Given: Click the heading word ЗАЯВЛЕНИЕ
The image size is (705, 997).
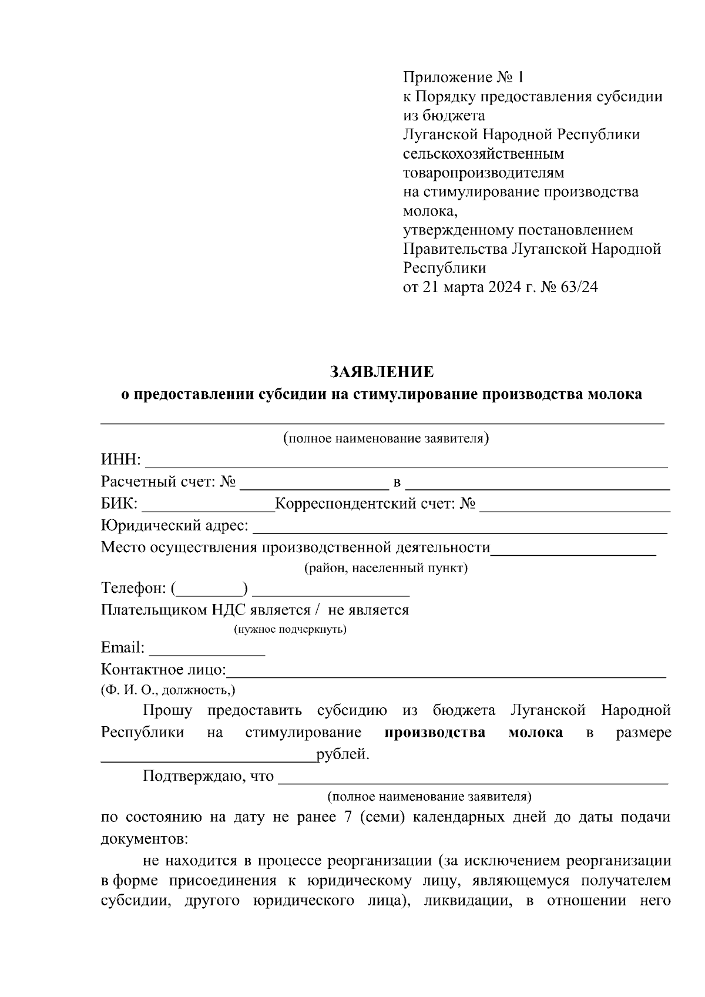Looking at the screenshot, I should coord(382,372).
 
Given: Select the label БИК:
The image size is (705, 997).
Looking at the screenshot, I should coord(119,504).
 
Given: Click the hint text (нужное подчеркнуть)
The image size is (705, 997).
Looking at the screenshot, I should coord(290,630).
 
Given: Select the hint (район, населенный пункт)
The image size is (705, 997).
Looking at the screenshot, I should coord(385,569).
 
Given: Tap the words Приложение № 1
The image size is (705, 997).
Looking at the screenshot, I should coord(462,77).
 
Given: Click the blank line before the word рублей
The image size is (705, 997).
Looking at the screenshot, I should coord(208,758).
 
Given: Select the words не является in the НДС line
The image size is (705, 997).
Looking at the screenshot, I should coord(368,610).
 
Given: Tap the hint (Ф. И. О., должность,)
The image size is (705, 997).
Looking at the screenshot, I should coord(169,690).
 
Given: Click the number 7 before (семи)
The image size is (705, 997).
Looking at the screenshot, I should coord(348,817).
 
